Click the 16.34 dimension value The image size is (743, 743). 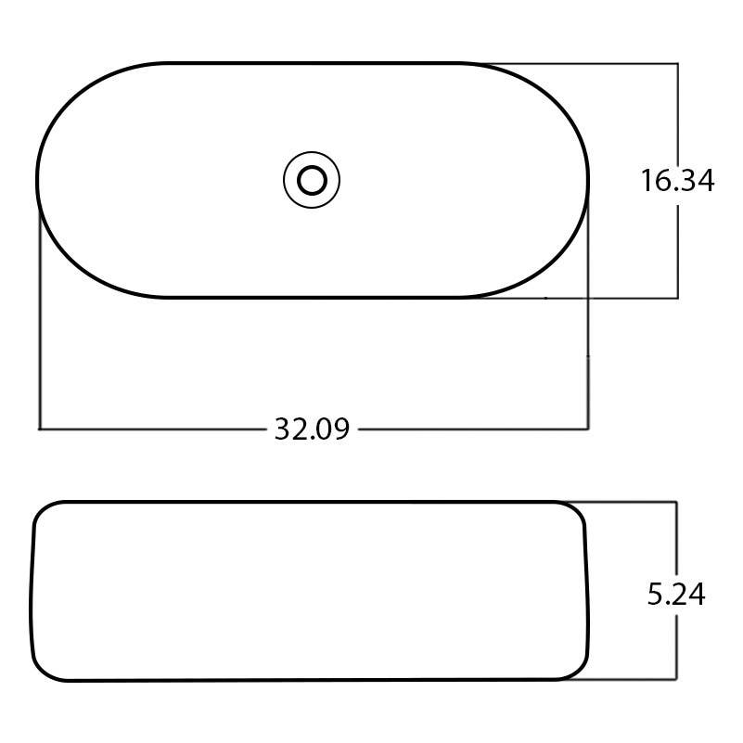[677, 181]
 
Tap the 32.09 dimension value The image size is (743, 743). [312, 429]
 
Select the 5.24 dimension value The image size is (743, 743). [677, 595]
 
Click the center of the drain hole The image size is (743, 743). [312, 180]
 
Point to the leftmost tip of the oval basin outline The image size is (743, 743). [38, 180]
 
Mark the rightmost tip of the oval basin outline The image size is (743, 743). [589, 180]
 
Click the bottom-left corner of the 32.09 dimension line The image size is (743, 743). [39, 429]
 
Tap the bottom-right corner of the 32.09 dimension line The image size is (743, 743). [589, 429]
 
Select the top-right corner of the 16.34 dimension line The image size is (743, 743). [678, 63]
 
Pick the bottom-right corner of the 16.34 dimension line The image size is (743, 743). [678, 298]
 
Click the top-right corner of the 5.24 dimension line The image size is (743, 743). [677, 502]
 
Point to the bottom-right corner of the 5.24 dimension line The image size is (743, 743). [677, 680]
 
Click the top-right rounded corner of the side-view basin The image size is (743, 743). [577, 511]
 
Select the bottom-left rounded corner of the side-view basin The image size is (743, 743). [45, 672]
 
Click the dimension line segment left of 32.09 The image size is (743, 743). [153, 429]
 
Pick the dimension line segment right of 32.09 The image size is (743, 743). [473, 429]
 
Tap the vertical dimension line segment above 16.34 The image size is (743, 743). [678, 111]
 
